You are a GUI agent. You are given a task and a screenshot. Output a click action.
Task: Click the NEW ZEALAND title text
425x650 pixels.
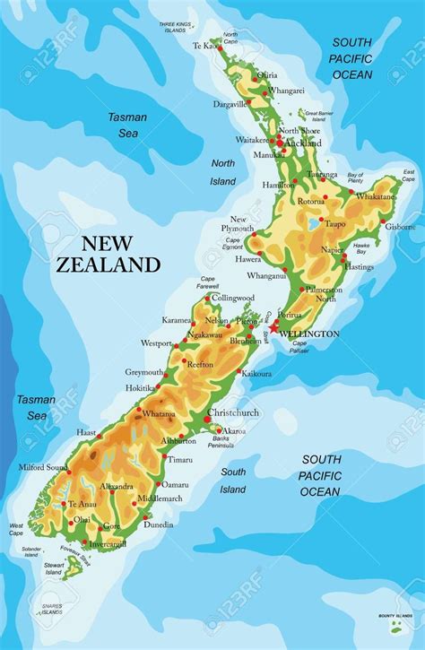108,253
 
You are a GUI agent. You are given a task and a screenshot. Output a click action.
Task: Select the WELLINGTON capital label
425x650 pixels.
309,334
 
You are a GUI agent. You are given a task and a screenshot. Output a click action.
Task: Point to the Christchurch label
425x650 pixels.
233,413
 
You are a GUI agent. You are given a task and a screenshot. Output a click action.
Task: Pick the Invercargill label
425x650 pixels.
108,543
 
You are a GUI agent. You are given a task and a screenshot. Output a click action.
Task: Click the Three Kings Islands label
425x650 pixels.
176,26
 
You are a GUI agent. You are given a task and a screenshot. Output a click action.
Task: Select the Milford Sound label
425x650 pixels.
42,467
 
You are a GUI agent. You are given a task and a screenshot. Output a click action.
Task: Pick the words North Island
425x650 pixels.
223,172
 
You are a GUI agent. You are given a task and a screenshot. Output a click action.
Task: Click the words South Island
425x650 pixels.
233,481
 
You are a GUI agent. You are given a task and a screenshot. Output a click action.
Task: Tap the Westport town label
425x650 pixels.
156,343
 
